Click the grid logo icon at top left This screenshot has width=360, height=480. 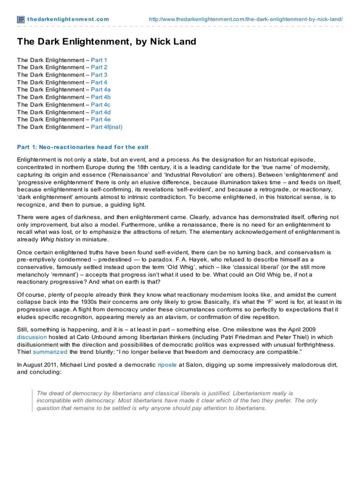coord(21,19)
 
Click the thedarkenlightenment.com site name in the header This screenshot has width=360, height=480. coord(68,19)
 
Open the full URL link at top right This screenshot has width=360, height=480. coord(246,19)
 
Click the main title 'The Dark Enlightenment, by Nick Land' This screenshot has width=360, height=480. coord(106,42)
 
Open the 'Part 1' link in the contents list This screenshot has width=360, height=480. coord(99,60)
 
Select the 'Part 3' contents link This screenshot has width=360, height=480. coord(99,75)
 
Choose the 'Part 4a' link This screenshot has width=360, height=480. coord(101,90)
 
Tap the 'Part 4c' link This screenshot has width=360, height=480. coord(101,105)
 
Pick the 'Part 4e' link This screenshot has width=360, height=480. coord(101,120)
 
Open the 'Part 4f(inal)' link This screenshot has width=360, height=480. coord(106,127)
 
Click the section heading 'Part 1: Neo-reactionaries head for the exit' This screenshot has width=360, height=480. coord(82,147)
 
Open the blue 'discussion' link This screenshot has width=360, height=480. coord(32,337)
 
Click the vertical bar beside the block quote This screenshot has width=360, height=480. coord(32,401)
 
